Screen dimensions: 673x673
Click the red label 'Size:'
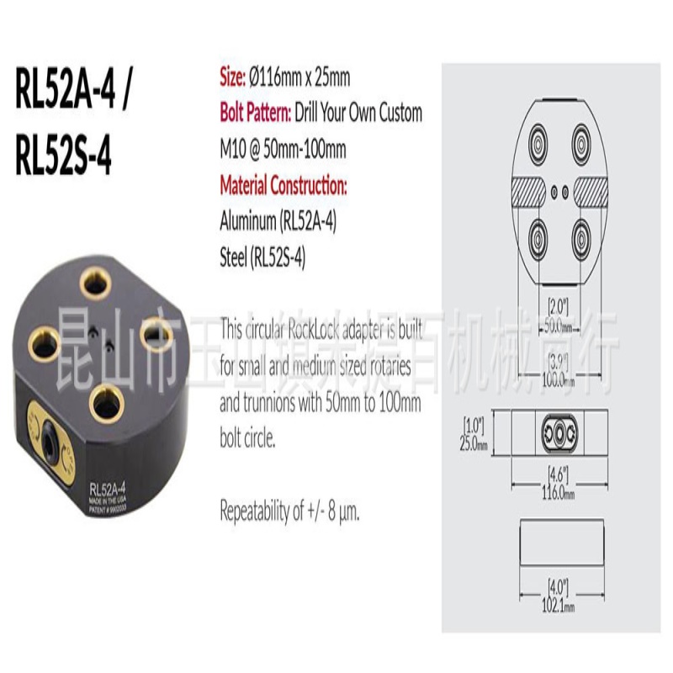[x=232, y=78]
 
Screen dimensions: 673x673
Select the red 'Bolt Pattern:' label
[x=257, y=113]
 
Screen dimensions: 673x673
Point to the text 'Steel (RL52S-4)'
[x=262, y=259]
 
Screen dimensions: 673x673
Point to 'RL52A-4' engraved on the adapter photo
[x=108, y=488]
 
